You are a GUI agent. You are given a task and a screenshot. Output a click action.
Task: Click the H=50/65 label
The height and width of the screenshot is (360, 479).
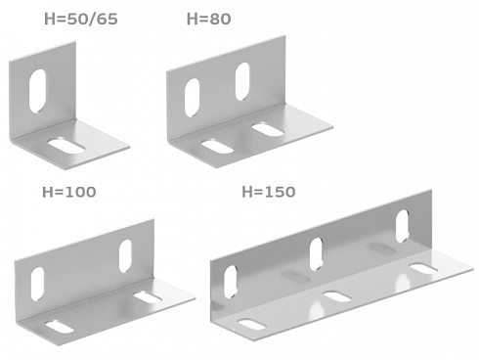pos(81,19)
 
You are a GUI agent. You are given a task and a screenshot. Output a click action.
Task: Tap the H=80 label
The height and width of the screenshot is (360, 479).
pos(208,19)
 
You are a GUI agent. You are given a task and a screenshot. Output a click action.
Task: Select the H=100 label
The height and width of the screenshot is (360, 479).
pos(69,192)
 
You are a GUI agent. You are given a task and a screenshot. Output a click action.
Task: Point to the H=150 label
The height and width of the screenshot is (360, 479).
pos(269,192)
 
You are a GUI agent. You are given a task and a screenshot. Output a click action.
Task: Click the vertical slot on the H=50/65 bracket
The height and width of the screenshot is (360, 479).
pos(37,91)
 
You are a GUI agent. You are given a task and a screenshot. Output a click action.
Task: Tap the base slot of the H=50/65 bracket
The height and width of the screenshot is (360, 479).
pos(66,146)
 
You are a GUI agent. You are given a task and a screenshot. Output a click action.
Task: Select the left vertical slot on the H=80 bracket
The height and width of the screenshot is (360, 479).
pos(192,97)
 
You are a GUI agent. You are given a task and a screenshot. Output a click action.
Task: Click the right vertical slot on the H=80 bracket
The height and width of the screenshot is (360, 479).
pos(242,81)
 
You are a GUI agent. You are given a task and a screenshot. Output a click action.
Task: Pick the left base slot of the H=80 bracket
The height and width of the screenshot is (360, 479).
pos(217,147)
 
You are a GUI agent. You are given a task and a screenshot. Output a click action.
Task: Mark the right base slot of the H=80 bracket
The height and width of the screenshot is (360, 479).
pos(268,129)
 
